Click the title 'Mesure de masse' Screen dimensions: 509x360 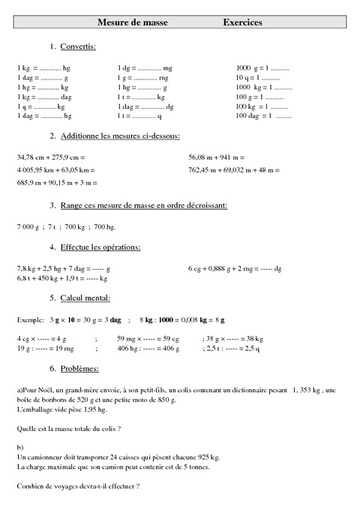133,23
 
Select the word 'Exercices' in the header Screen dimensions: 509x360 242,23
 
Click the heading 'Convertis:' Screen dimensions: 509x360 78,47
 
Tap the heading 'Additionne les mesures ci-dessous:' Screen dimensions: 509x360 119,136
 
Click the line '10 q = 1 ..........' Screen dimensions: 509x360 257,78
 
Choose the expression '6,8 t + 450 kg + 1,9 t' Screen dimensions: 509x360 49,278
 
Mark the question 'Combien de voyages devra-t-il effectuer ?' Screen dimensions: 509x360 77,487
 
